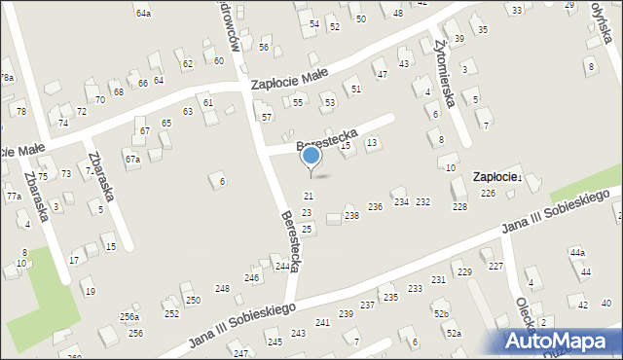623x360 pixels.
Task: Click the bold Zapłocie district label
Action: click(496, 177)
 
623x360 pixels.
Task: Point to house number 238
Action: click(351, 215)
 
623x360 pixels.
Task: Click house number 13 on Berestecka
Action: click(371, 143)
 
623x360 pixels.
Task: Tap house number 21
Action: click(308, 197)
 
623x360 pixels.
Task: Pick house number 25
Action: click(307, 229)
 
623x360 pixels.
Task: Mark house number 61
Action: click(207, 102)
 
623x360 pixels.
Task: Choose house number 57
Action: click(267, 117)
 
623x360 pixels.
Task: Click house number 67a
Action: click(132, 159)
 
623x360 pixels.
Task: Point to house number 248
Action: click(222, 289)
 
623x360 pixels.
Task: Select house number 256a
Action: click(129, 317)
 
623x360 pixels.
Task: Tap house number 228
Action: click(459, 206)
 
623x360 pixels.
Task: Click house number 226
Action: click(488, 194)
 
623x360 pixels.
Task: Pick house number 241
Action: click(322, 322)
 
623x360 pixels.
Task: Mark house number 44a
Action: click(578, 253)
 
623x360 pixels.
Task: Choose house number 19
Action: click(90, 292)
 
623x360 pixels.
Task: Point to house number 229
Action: click(464, 271)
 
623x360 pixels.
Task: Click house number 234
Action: click(401, 201)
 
